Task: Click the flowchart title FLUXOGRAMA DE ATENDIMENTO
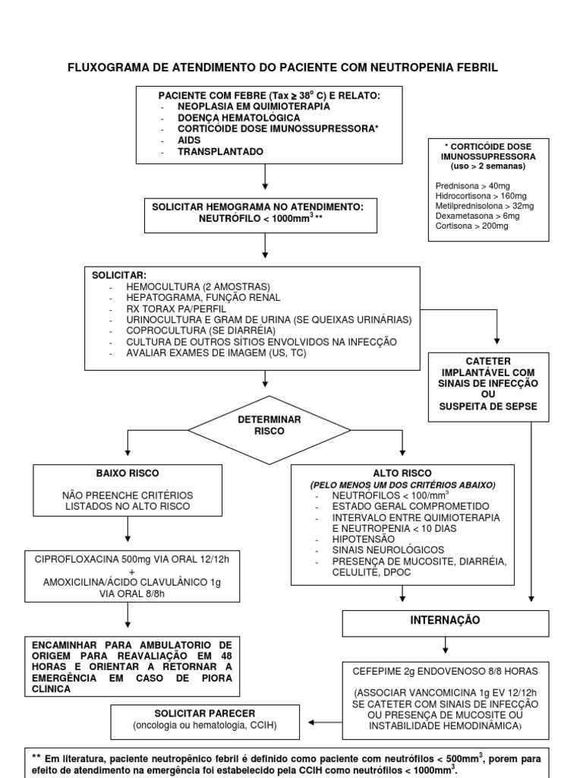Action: pos(283,68)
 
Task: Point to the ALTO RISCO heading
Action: pos(402,473)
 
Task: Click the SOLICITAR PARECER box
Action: pos(205,719)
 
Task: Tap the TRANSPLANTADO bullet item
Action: pos(221,152)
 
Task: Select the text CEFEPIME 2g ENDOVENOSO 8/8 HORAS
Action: pos(446,671)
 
